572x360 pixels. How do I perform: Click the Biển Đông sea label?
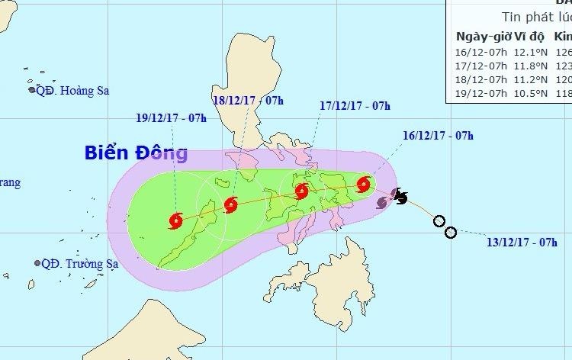pyautogui.click(x=136, y=153)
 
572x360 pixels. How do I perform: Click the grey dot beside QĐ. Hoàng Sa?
pyautogui.click(x=33, y=90)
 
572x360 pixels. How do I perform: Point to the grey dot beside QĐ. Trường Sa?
pyautogui.click(x=37, y=263)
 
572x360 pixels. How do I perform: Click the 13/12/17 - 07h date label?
pyautogui.click(x=522, y=243)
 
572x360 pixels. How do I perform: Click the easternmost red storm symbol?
pyautogui.click(x=364, y=184)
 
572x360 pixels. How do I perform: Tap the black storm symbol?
pyautogui.click(x=400, y=198)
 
